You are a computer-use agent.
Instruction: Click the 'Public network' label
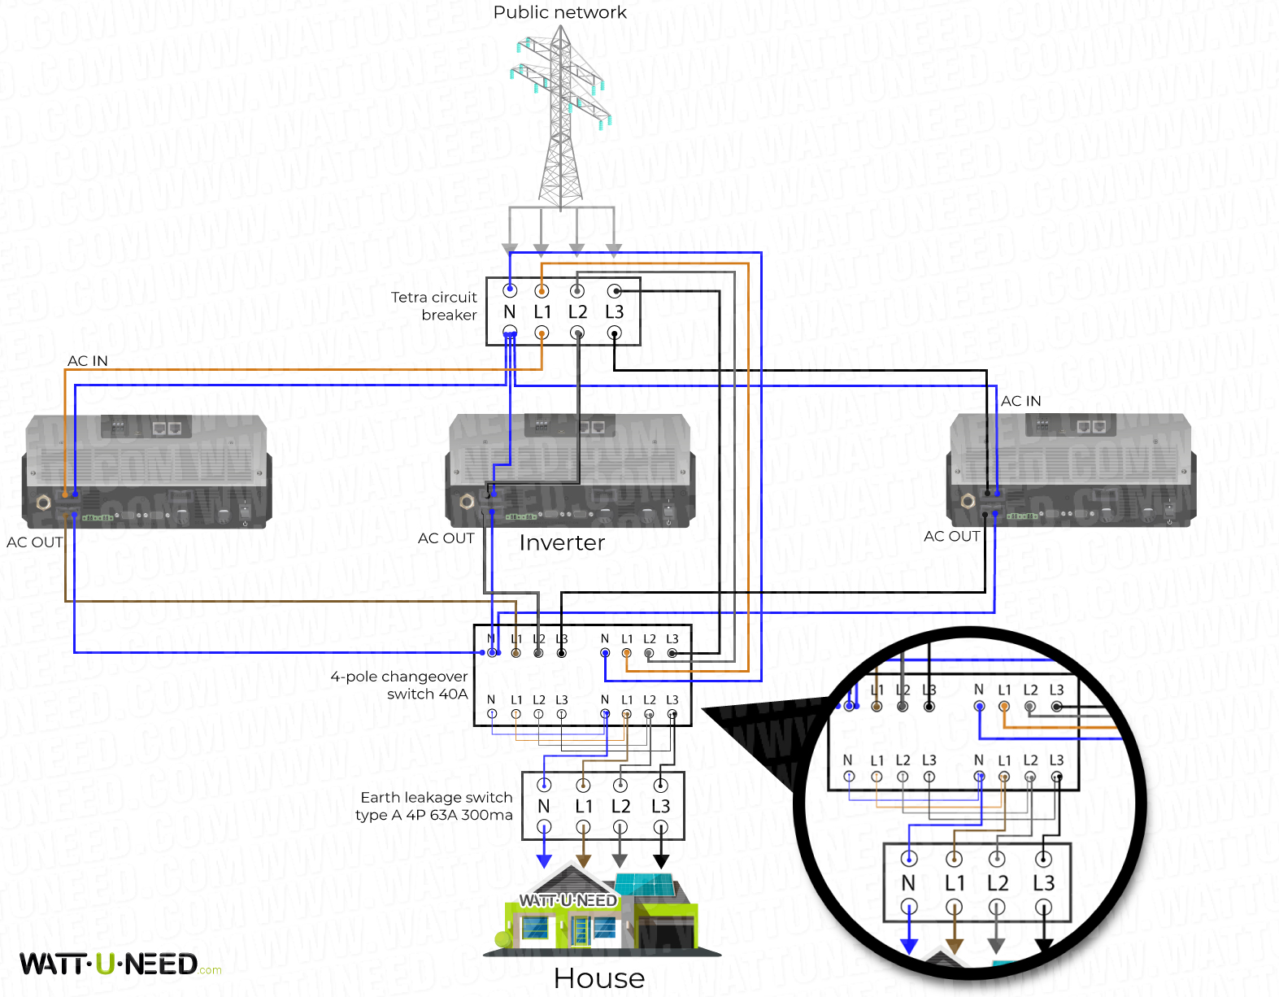559,12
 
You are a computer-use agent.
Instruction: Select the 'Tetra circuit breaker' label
434,306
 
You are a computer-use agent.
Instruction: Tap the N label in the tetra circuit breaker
510,312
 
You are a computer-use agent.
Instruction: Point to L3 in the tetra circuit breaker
614,312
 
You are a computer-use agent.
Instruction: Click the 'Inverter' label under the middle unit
562,542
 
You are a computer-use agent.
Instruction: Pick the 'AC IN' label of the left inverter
88,361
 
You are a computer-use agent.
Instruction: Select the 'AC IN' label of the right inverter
1020,401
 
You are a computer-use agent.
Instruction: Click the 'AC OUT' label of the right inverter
951,537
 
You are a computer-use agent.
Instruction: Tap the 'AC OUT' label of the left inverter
35,542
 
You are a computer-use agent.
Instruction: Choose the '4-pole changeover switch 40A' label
400,685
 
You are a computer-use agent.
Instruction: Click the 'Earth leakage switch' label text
436,798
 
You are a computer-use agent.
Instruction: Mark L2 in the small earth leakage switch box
620,806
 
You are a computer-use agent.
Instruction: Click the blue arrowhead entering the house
544,860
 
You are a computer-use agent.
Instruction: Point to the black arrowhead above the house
661,860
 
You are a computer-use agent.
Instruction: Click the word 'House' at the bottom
599,978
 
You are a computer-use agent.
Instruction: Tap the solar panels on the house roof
644,884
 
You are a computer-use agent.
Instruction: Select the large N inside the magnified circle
908,883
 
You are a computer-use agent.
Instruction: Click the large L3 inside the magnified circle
1043,883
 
